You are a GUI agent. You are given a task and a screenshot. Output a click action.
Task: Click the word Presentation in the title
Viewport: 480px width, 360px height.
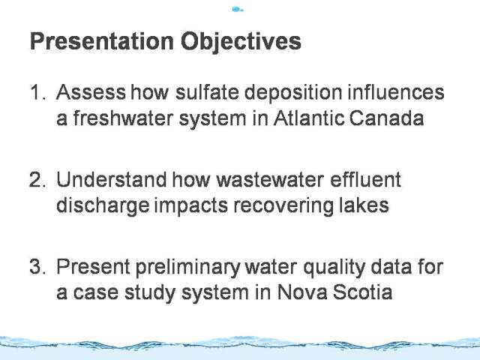pos(102,41)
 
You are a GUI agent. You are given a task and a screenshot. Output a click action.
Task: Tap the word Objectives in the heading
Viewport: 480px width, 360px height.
pos(241,42)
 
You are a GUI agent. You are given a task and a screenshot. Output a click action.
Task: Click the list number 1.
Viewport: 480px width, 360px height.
pos(37,92)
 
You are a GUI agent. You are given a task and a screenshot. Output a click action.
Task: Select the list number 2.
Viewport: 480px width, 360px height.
pos(37,179)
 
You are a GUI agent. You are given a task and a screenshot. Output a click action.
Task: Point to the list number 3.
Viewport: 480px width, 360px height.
pos(37,266)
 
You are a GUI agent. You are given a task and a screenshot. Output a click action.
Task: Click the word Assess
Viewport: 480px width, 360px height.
pos(91,91)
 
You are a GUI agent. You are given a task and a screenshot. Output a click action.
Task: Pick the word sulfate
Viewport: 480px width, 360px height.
pos(207,91)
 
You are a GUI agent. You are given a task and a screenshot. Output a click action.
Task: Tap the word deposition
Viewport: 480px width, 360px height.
pos(293,93)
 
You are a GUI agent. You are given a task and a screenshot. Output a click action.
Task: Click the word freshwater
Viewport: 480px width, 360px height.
pos(123,118)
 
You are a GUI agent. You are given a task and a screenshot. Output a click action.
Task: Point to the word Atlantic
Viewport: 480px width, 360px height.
pos(309,118)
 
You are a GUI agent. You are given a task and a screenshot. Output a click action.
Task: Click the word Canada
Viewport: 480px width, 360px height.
pos(386,118)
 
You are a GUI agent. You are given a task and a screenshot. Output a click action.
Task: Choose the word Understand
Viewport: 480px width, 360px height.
pos(112,179)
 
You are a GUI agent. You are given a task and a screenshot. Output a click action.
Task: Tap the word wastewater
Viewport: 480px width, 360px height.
pos(270,180)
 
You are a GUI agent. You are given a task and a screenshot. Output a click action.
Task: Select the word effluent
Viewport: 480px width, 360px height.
pos(365,179)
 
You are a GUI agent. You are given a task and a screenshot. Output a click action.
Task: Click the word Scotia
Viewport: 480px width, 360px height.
pos(362,292)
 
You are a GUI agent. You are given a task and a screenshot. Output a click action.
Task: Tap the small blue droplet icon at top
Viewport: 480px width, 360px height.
pos(237,10)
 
